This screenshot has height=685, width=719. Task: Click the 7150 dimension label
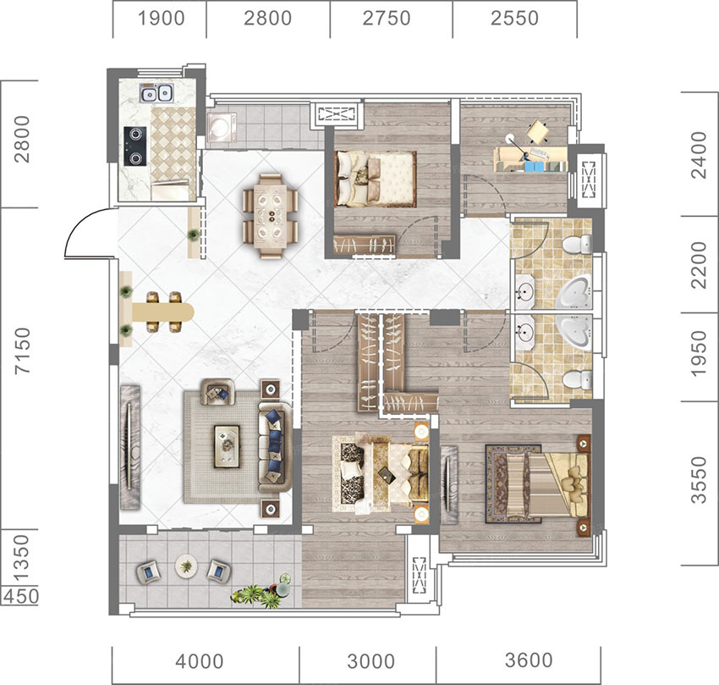click(x=22, y=351)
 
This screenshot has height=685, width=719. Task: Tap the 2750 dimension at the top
click(x=387, y=19)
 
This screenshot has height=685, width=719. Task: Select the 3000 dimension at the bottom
click(x=371, y=661)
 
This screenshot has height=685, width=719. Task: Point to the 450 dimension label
click(x=20, y=596)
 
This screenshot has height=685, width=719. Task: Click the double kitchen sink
click(x=156, y=94)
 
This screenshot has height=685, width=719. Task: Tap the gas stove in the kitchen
click(x=134, y=146)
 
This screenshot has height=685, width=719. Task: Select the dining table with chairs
click(x=271, y=215)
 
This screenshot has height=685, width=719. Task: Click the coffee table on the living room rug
click(x=227, y=446)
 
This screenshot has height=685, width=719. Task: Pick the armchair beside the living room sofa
click(x=217, y=392)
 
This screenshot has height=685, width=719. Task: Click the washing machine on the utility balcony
click(x=222, y=126)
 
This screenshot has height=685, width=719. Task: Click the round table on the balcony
click(x=186, y=566)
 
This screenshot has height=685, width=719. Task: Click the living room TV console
click(x=129, y=447)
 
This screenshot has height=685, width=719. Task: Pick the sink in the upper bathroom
click(x=524, y=291)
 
